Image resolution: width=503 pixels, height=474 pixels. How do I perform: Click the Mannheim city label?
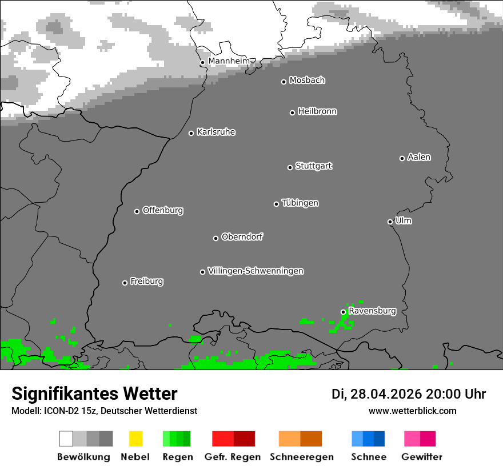click(x=229, y=61)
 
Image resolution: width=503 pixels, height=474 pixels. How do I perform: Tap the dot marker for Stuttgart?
click(x=290, y=167)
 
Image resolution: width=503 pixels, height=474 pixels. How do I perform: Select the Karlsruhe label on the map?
click(x=216, y=132)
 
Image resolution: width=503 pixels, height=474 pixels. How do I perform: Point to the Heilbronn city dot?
click(x=292, y=113)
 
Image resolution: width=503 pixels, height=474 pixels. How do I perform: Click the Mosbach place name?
click(x=307, y=81)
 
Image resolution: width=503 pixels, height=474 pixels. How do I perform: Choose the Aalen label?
click(x=419, y=157)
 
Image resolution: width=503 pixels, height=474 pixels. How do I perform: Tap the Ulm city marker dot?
click(x=390, y=222)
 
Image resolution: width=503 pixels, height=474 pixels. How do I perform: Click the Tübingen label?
click(x=300, y=203)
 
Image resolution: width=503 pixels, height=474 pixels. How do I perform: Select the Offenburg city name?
click(x=163, y=210)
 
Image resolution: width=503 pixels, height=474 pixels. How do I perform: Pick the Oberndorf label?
click(x=242, y=236)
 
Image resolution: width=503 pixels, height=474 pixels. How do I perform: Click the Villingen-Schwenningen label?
click(x=256, y=271)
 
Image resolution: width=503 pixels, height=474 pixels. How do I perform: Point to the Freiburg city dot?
click(x=125, y=283)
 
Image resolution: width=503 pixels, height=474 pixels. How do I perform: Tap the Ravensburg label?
click(x=372, y=311)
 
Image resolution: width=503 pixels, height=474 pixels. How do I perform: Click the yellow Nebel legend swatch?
click(x=135, y=439)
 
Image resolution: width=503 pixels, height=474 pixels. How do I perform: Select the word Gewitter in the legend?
click(x=422, y=457)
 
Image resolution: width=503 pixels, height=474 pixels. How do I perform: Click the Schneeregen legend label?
click(x=302, y=457)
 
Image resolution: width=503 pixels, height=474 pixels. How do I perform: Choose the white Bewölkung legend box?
click(x=66, y=439)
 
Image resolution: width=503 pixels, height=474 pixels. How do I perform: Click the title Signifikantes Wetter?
click(x=94, y=394)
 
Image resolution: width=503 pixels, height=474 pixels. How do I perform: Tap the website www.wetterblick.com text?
click(x=412, y=411)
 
